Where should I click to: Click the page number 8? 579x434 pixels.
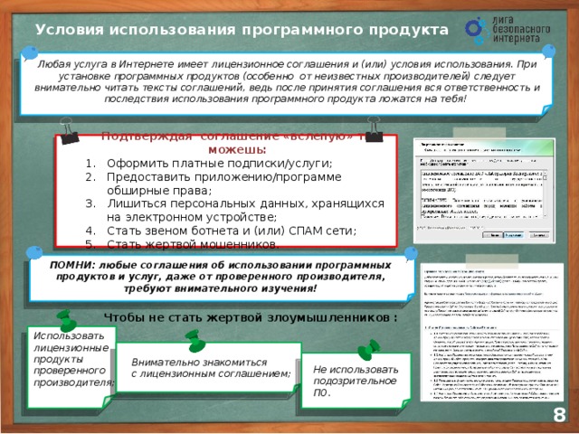point(559,414)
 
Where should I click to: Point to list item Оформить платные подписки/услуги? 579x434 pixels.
point(219,164)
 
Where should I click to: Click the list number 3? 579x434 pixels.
point(89,204)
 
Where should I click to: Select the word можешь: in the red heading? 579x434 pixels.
point(236,149)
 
